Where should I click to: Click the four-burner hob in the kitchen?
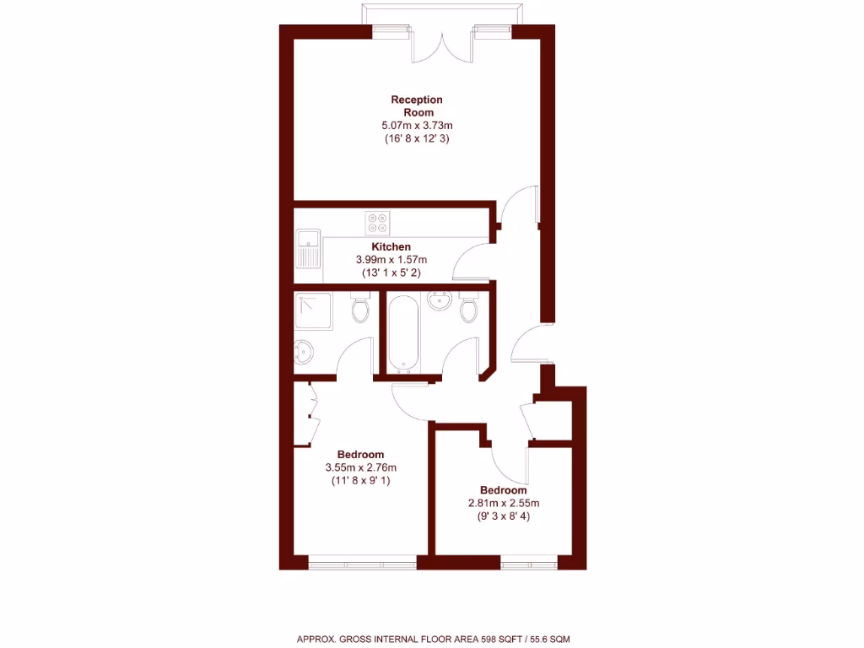point(377,223)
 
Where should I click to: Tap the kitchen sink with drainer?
point(307,248)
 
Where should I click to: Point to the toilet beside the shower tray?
point(361,308)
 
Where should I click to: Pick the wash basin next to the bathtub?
point(438,300)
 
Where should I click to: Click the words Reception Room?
point(417,106)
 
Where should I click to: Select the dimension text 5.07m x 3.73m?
point(417,126)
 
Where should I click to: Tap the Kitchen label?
point(391,247)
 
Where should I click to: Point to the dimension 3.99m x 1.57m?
point(391,260)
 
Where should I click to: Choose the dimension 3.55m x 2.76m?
point(360,467)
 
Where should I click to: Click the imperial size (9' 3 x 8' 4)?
point(503,516)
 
